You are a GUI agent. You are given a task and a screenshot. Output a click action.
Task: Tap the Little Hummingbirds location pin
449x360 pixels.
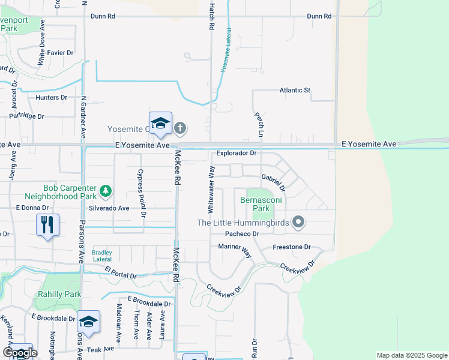(298, 223)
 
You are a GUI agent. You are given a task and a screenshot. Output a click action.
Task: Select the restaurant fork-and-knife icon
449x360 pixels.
(47, 225)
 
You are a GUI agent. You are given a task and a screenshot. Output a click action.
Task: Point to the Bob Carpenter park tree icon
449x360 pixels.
(106, 191)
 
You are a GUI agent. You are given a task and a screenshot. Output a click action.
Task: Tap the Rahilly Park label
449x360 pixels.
(59, 294)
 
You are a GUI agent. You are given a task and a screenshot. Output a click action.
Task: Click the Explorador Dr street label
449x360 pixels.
(237, 153)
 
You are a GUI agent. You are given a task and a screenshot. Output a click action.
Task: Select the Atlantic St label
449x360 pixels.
(294, 91)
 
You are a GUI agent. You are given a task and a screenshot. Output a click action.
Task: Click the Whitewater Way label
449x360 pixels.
(211, 190)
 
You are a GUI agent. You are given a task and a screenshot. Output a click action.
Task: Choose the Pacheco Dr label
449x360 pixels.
(241, 234)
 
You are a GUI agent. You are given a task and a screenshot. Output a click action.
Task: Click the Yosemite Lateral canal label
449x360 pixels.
(227, 58)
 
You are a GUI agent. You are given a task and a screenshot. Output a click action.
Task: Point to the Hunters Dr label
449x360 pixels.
(51, 97)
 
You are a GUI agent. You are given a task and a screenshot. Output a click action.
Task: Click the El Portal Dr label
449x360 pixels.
(121, 273)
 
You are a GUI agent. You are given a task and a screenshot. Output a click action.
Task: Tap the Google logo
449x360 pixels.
(19, 353)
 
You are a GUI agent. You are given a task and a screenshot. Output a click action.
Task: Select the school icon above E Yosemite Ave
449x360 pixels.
(160, 123)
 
